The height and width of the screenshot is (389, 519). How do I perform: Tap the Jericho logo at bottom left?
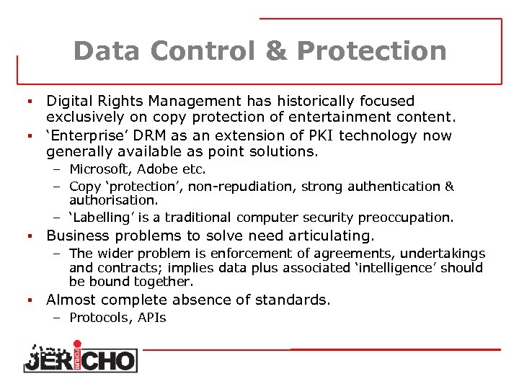tap(79, 357)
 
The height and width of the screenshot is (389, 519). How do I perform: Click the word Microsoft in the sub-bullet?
tap(100, 170)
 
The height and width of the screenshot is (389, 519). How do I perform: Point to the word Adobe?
tap(160, 170)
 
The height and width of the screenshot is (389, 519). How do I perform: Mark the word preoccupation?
tap(412, 218)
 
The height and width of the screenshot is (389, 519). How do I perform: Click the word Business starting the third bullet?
tap(79, 236)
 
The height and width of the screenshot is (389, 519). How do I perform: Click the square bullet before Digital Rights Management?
tap(30, 102)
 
